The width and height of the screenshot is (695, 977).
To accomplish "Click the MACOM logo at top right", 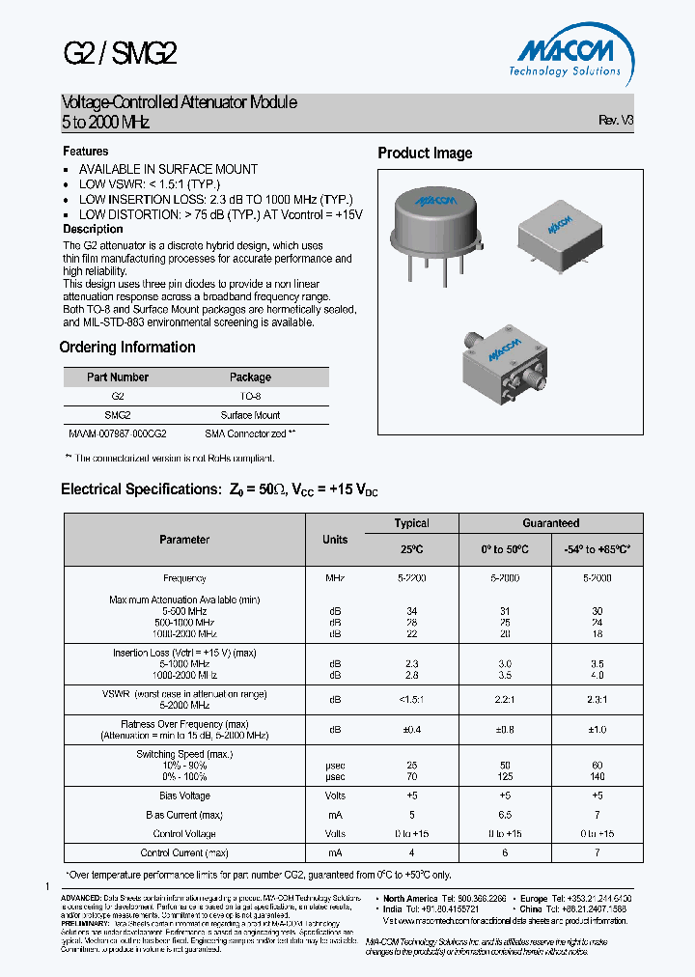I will [x=565, y=55].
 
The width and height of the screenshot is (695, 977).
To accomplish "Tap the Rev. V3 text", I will [x=616, y=121].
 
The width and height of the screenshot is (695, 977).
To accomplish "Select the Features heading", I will [x=86, y=152].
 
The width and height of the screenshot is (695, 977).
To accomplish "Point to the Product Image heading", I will [x=425, y=154].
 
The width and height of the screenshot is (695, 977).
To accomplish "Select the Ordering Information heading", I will [x=127, y=348].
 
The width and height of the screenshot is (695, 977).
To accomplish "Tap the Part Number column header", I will [x=118, y=377].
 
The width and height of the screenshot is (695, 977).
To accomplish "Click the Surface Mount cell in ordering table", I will [x=250, y=415].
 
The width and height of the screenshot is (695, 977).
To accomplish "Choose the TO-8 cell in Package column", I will [x=250, y=396].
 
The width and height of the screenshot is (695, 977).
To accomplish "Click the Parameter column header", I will [x=184, y=540].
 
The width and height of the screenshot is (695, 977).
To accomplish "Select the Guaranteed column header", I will [x=550, y=523].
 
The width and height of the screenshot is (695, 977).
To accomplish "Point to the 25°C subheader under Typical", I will [x=411, y=549].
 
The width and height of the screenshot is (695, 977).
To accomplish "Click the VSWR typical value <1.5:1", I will [x=411, y=696].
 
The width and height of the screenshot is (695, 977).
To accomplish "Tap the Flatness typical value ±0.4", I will [x=411, y=729].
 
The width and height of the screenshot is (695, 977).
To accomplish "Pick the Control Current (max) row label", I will [x=184, y=853].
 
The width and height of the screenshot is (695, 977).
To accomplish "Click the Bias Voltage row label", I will [x=184, y=796].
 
